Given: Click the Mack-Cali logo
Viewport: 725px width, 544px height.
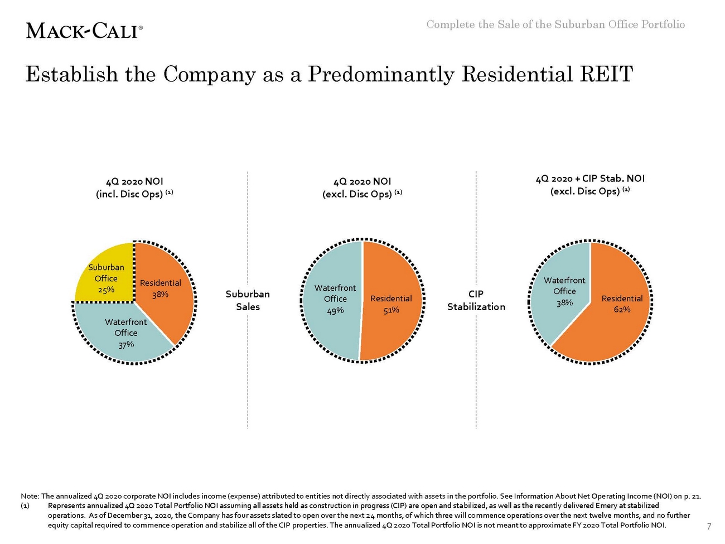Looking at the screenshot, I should click(x=84, y=30).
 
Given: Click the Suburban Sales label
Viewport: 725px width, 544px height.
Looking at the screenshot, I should click(x=248, y=300).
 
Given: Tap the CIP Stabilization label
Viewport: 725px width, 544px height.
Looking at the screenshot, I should click(x=476, y=300).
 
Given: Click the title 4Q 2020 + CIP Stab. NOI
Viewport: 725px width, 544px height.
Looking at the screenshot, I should click(x=590, y=179).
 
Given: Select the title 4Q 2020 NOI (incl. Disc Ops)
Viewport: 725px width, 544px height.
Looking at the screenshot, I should click(x=134, y=187).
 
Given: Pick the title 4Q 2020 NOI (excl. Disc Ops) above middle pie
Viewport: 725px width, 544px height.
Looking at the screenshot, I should click(x=362, y=187).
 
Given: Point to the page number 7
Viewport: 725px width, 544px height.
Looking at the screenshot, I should click(x=709, y=526).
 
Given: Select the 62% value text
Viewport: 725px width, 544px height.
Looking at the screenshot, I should click(x=622, y=309).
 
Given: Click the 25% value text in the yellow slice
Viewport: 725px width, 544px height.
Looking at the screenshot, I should click(x=106, y=289).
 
